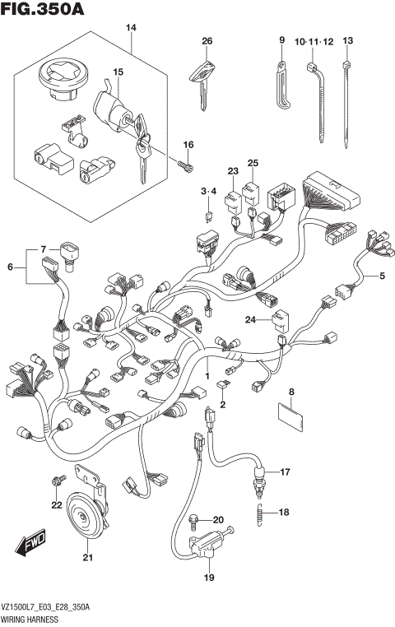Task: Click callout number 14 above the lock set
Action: [x=130, y=29]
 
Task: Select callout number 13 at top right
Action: [x=347, y=41]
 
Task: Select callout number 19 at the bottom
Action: [x=209, y=578]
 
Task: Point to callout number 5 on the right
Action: [x=381, y=276]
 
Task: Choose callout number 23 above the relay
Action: [x=233, y=171]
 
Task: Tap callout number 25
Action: [x=253, y=163]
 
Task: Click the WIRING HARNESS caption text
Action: [x=30, y=617]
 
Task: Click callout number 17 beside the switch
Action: [x=286, y=472]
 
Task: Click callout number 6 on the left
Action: [x=12, y=266]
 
